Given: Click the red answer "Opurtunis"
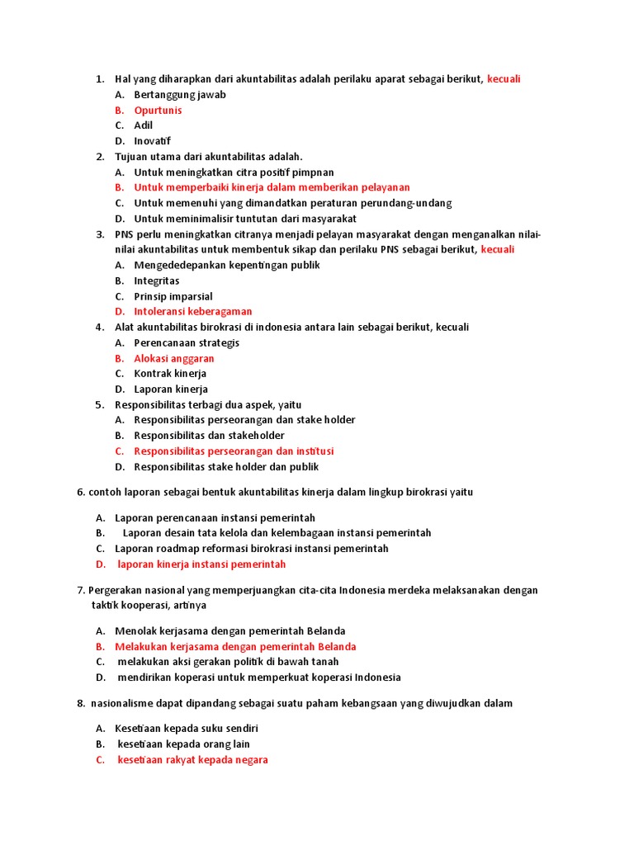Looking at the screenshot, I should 158,110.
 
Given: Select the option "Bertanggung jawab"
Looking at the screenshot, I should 179,94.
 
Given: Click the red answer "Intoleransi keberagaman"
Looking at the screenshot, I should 193,311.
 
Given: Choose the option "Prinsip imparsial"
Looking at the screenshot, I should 173,296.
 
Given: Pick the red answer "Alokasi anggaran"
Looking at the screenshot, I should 174,358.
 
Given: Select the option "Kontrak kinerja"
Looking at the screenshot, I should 170,374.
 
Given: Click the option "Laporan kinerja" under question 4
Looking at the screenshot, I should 171,389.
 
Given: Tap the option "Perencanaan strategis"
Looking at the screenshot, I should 187,342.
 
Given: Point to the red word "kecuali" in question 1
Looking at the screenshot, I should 504,79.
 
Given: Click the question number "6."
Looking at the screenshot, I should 82,492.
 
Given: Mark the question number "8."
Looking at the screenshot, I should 81,703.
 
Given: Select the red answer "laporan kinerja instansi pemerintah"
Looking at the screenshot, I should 201,564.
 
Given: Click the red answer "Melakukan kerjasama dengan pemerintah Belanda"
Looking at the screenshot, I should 235,646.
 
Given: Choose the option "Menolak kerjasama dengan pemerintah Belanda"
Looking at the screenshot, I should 229,631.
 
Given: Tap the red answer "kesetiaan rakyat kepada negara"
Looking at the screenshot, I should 192,760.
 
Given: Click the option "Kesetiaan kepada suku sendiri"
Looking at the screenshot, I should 192,729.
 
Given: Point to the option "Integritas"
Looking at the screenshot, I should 157,281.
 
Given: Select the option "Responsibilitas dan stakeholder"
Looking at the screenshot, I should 209,436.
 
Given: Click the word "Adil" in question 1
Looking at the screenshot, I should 144,125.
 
